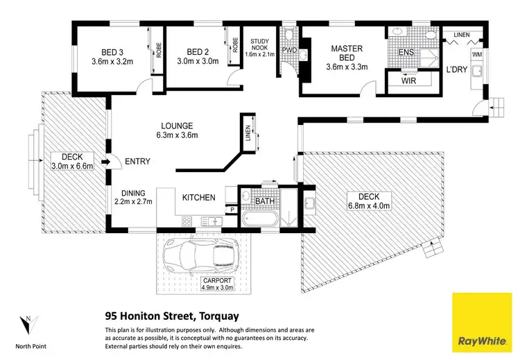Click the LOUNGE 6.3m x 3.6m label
[x=176, y=130]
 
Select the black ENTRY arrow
[x=105, y=162]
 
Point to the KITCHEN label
[x=198, y=198]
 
